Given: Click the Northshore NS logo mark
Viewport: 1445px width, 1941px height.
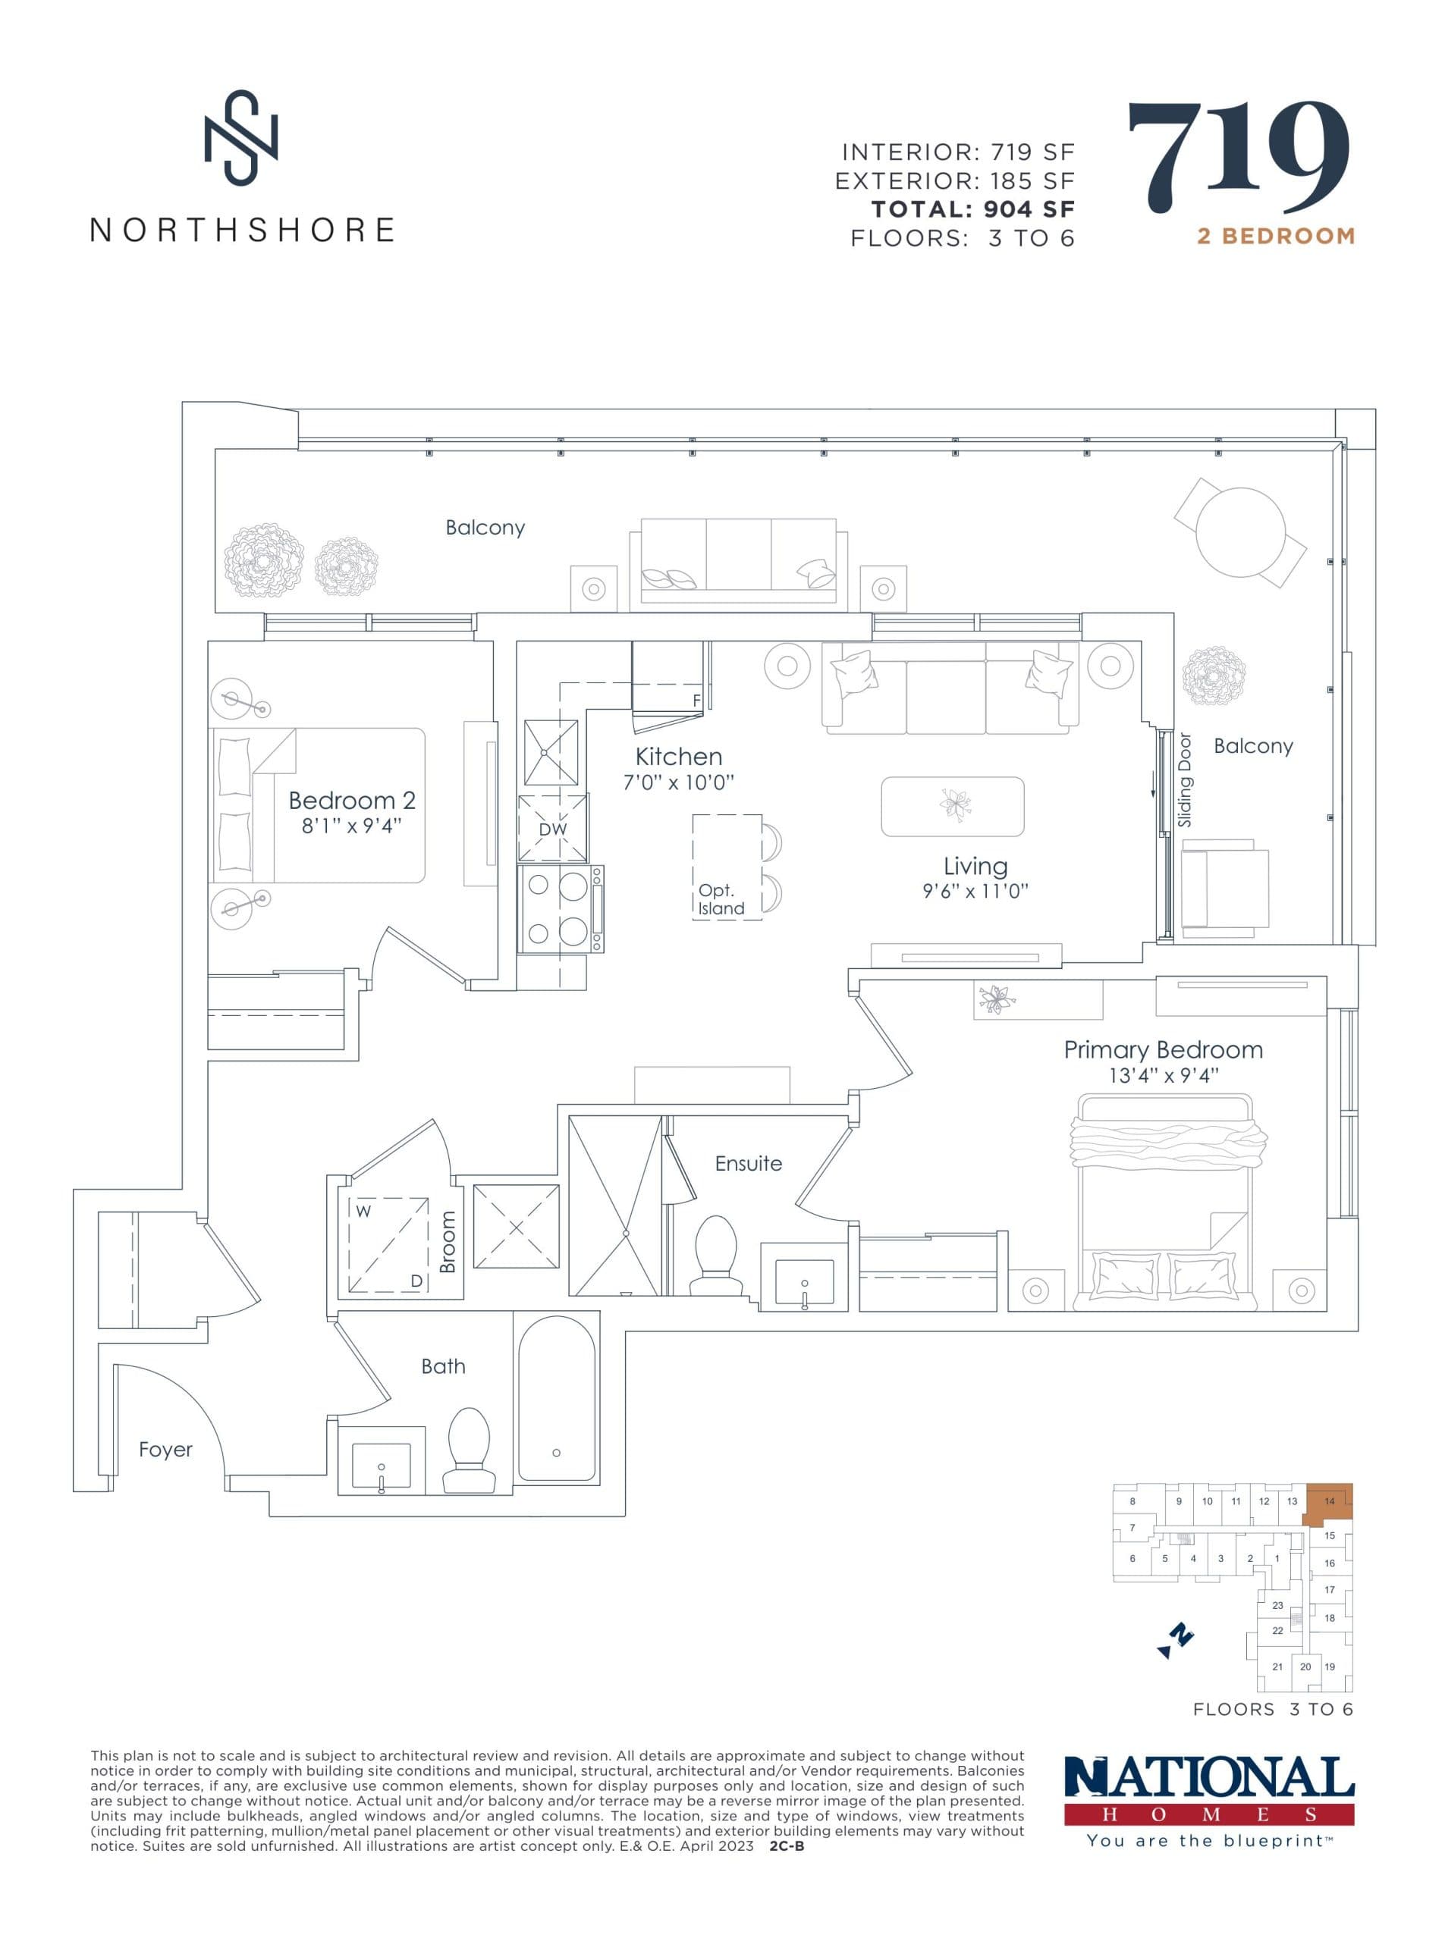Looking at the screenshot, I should coord(240,138).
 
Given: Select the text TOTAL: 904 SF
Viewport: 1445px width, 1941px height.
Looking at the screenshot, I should coord(972,209).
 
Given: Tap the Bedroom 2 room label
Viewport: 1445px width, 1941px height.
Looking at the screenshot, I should coord(352,800).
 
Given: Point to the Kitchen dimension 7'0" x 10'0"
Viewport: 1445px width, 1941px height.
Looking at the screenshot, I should coord(678,782).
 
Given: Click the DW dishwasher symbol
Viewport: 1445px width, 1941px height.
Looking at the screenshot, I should coord(553,828).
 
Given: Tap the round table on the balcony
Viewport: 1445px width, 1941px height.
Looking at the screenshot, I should coord(1240,532).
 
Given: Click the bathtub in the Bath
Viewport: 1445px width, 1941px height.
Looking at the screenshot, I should coord(558,1398).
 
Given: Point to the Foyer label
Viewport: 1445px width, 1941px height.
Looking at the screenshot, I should coord(165,1450).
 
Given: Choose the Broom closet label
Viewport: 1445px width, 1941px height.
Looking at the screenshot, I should coord(448,1241).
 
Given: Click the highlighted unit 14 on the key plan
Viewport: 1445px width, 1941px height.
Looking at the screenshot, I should coord(1329,1502).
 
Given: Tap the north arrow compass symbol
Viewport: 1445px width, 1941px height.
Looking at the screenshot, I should coord(1176,1641).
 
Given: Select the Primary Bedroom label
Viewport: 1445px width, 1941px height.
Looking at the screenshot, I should coord(1163,1050).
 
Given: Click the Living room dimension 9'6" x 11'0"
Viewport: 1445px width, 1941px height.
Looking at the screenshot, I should coord(975,891).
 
